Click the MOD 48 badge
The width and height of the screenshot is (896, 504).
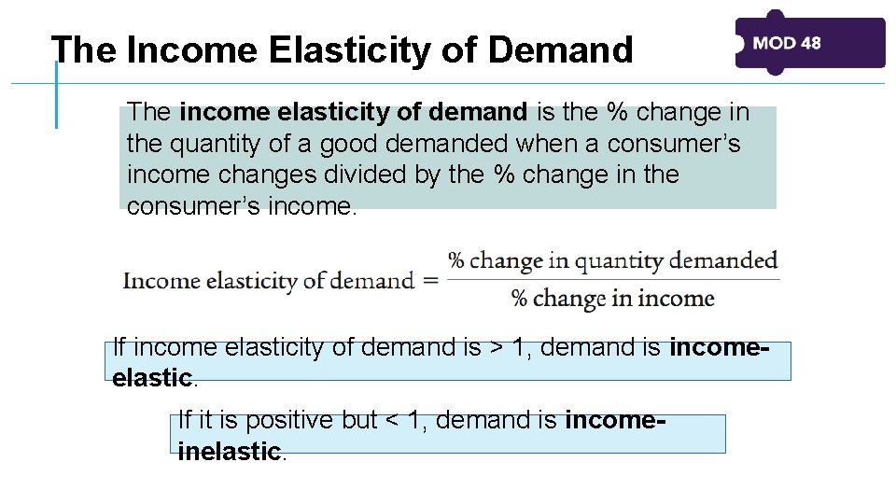click(809, 43)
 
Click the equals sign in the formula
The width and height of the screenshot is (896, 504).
click(430, 280)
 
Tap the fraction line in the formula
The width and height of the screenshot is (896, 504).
click(613, 279)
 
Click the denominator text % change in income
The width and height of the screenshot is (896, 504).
click(613, 299)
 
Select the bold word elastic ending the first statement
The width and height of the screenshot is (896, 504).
click(151, 378)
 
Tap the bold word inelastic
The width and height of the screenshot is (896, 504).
click(229, 452)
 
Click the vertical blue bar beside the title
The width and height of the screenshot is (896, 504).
click(56, 93)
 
